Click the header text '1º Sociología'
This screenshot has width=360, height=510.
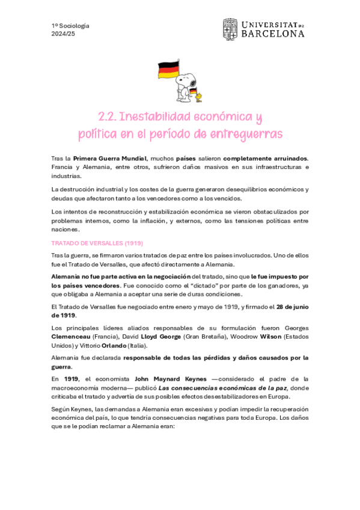pyautogui.click(x=70, y=25)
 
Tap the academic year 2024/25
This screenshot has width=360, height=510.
pyautogui.click(x=63, y=34)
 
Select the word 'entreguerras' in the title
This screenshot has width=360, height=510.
pyautogui.click(x=246, y=132)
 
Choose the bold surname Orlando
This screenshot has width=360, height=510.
pyautogui.click(x=112, y=345)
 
